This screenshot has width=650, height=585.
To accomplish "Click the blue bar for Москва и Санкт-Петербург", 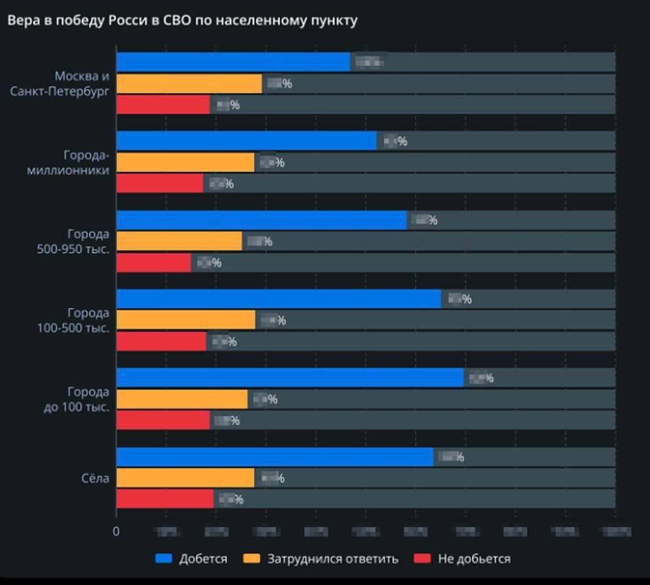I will coord(233,62).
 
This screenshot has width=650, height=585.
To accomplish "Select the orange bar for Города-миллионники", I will coord(185,162).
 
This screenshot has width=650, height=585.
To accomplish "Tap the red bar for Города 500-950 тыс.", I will coord(154,262).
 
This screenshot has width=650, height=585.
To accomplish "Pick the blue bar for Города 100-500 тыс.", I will coord(279,299).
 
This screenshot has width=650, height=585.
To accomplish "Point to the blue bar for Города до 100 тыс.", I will coord(290,378).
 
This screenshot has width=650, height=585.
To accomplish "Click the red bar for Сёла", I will coord(165,499).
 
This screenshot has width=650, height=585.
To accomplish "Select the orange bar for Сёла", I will coord(185,478).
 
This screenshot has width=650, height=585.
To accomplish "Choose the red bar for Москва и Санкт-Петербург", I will coord(163,105).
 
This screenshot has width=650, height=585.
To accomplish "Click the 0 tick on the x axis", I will coord(117,531).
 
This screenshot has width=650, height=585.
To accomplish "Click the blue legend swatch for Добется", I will coord(164,559).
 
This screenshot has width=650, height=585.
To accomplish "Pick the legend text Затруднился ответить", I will coord(333,559).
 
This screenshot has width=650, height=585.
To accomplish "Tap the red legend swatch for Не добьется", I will coord(422,559).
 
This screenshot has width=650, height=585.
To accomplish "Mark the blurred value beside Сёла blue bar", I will coord(451,457).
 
